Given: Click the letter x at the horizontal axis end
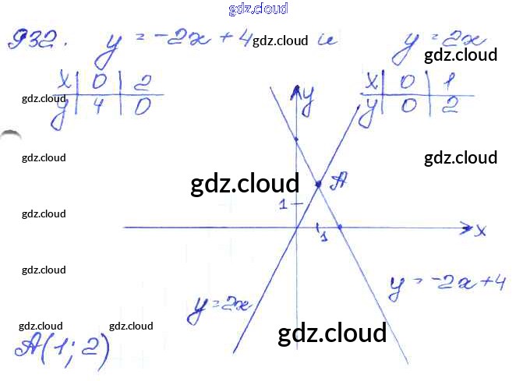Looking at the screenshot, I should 481,230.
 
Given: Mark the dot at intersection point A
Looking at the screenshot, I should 318,184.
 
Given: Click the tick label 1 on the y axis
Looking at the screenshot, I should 285,204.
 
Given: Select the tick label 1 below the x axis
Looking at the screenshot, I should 323,235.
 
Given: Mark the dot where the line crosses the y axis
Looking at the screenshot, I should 297,139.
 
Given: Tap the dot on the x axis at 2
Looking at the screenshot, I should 340,228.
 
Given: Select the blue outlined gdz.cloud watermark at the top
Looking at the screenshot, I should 258,9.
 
